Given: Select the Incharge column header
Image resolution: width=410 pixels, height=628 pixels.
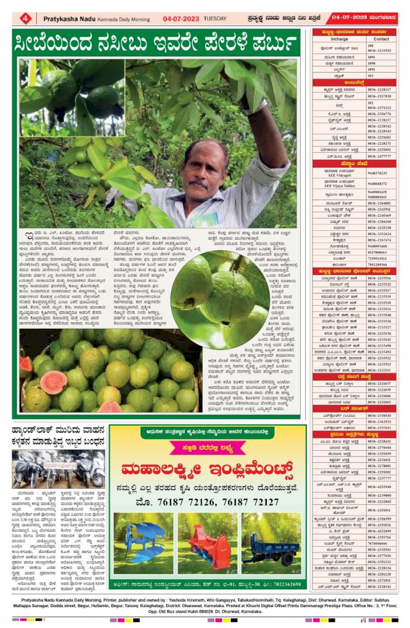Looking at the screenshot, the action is [x=339, y=39].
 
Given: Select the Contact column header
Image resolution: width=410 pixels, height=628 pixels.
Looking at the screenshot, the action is [x=381, y=39].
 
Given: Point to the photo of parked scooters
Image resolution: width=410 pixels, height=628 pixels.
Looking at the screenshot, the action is [x=58, y=470].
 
